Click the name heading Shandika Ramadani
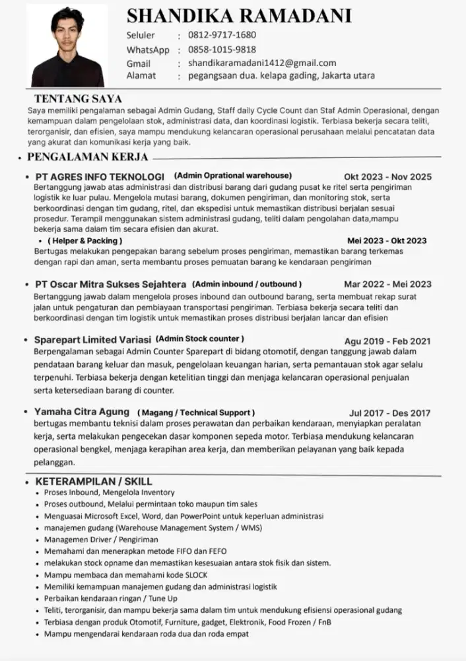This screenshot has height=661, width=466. pyautogui.click(x=238, y=16)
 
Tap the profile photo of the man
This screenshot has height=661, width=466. pyautogui.click(x=68, y=51)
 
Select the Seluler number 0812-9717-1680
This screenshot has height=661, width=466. pyautogui.click(x=222, y=35)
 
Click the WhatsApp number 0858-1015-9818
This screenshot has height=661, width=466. pyautogui.click(x=222, y=50)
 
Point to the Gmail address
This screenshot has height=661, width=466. pyautogui.click(x=262, y=63)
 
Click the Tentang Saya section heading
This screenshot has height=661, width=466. pyautogui.click(x=78, y=99)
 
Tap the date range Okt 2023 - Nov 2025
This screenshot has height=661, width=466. pyautogui.click(x=387, y=176)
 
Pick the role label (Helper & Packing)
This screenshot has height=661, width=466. pyautogui.click(x=84, y=241)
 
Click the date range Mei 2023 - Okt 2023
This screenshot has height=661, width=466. pyautogui.click(x=387, y=241)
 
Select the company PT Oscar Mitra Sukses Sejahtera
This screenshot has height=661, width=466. pyautogui.click(x=110, y=284)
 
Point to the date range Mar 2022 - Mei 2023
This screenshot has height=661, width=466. pyautogui.click(x=387, y=284)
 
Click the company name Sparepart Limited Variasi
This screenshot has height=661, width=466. pyautogui.click(x=93, y=340)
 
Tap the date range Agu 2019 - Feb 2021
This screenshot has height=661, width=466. pyautogui.click(x=387, y=341)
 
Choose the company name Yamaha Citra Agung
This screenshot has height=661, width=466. pyautogui.click(x=82, y=412)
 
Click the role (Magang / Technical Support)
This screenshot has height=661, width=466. pyautogui.click(x=195, y=412)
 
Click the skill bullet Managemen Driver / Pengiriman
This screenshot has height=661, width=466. pyautogui.click(x=98, y=539)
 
